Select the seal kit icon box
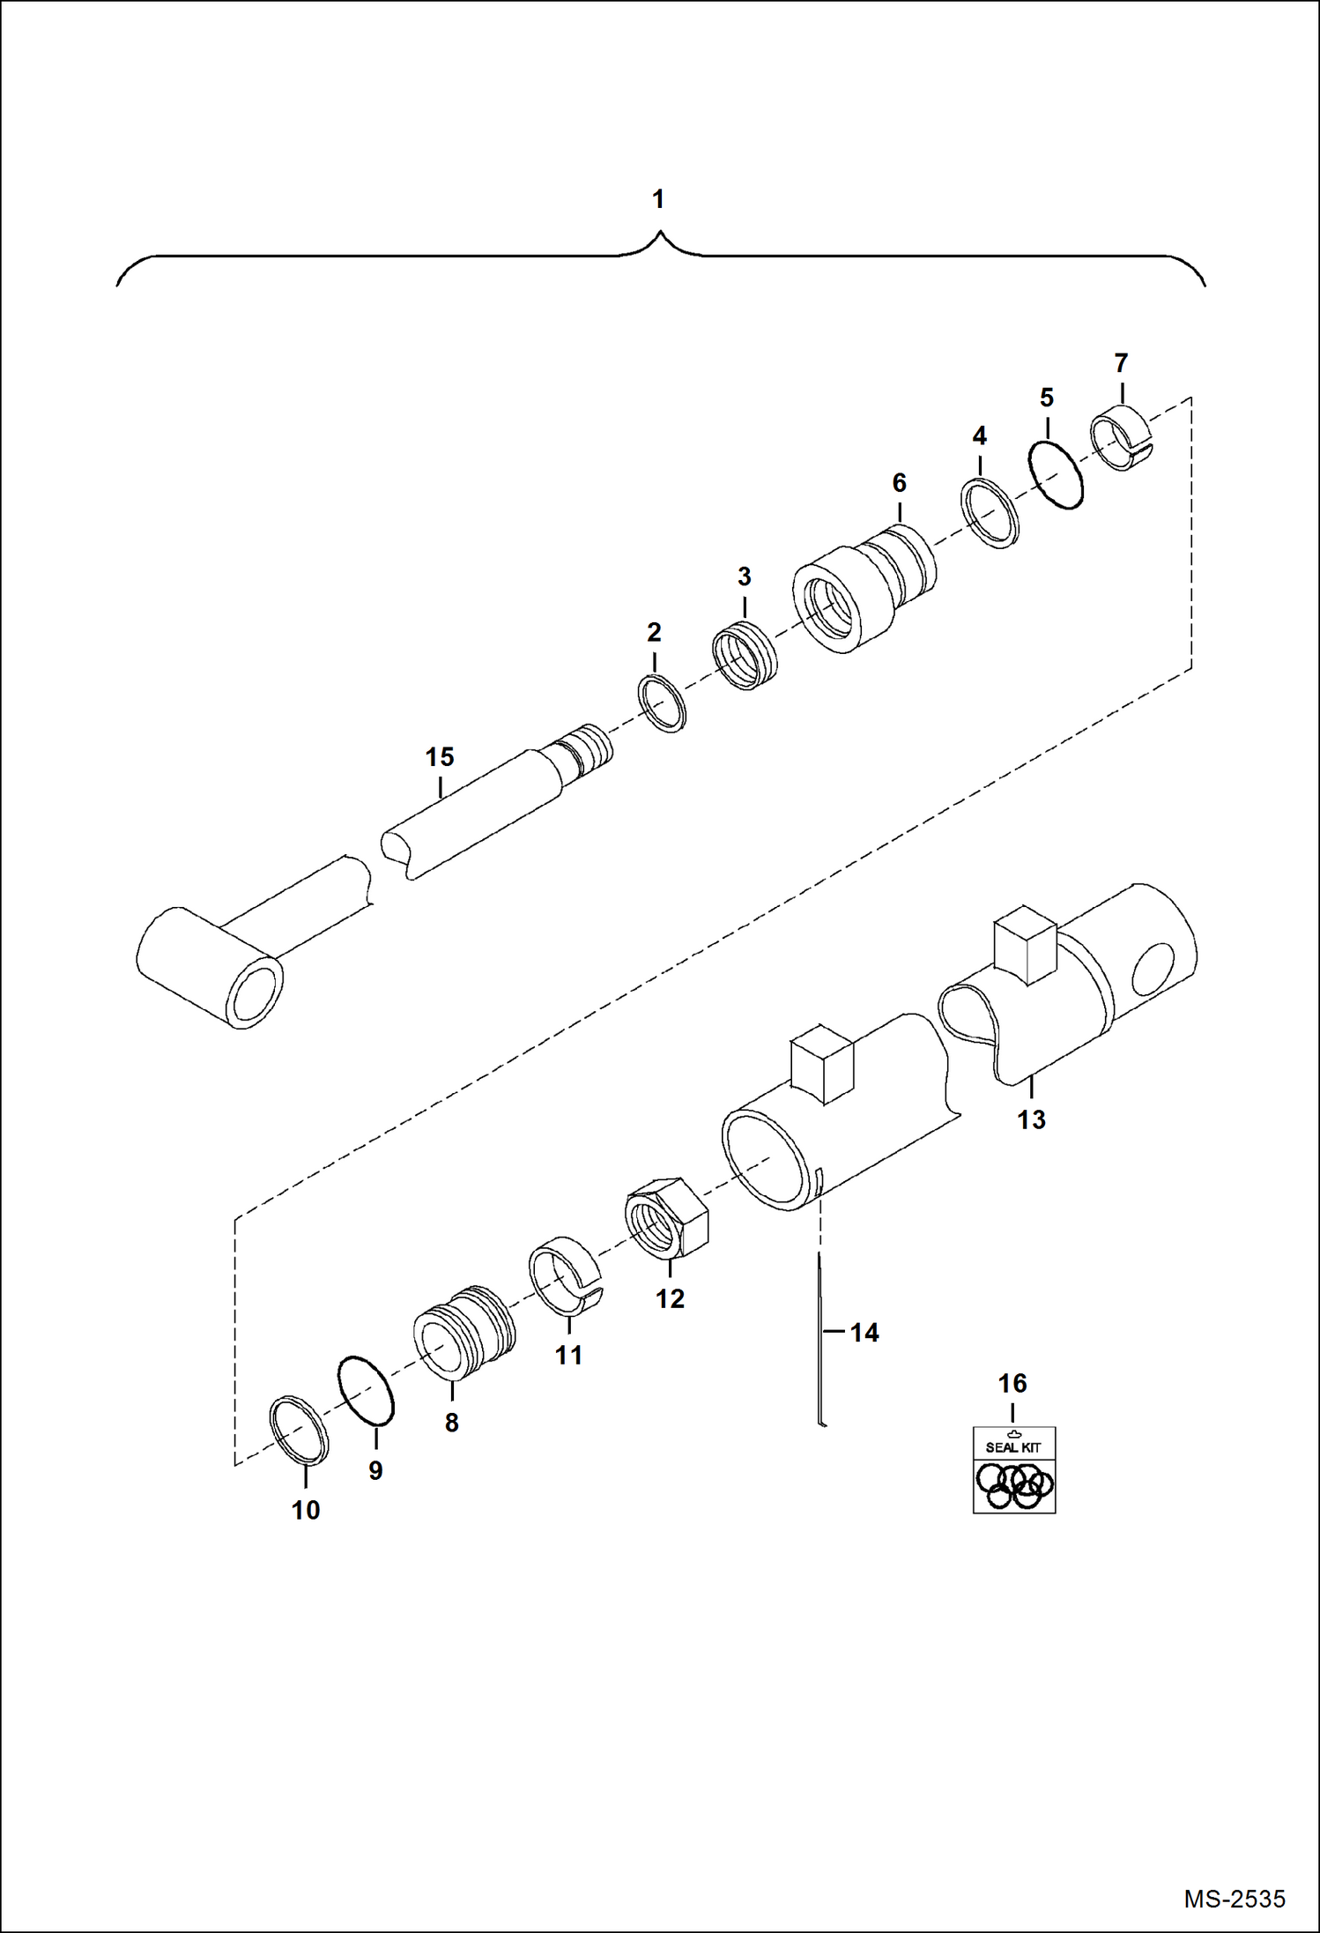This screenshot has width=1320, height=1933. pyautogui.click(x=1013, y=1469)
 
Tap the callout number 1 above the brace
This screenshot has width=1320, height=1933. pyautogui.click(x=658, y=200)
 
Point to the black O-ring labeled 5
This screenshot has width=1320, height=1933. pyautogui.click(x=1057, y=475)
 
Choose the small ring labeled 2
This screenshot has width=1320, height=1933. pyautogui.click(x=663, y=703)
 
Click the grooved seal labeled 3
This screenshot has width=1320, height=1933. pyautogui.click(x=745, y=656)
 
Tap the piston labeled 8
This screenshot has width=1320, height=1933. pyautogui.click(x=463, y=1332)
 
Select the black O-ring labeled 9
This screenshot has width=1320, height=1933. pyautogui.click(x=367, y=1390)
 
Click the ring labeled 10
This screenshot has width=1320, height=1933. pyautogui.click(x=299, y=1430)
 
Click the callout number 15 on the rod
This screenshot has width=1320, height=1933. pyautogui.click(x=440, y=757)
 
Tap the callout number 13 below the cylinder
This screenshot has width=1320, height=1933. pyautogui.click(x=1031, y=1119)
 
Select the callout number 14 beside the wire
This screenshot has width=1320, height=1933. pyautogui.click(x=864, y=1332)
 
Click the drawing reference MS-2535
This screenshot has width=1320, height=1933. pyautogui.click(x=1234, y=1898)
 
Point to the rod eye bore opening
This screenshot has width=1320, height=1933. pyautogui.click(x=254, y=993)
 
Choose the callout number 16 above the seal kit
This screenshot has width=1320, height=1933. pyautogui.click(x=1012, y=1383)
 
